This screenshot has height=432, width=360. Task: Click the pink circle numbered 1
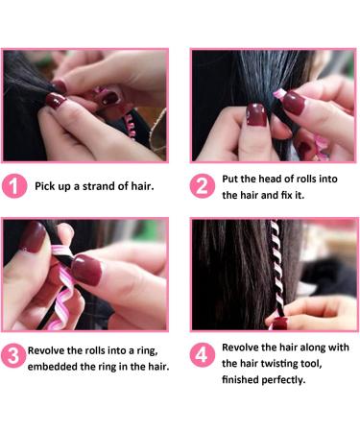(x=14, y=186)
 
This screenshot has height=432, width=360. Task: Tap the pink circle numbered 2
(x=202, y=186)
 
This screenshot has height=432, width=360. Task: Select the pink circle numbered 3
(x=13, y=355)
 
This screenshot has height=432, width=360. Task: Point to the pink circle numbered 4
(x=202, y=355)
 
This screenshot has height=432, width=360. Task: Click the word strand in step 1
(x=98, y=186)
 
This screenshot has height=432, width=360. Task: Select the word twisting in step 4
(x=279, y=364)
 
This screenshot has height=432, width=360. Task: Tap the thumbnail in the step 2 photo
(x=256, y=114)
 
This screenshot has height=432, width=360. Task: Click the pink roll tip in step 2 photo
(x=279, y=93)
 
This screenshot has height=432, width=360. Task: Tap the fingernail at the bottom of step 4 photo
(x=280, y=324)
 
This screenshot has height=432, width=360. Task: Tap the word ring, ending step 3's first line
(x=148, y=351)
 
